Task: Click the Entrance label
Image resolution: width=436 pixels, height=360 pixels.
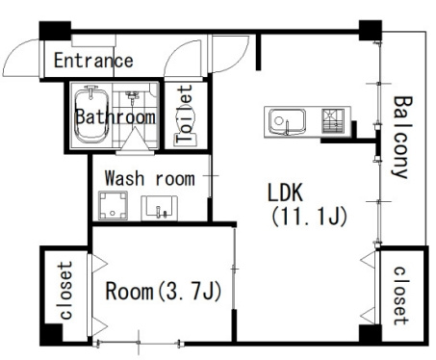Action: (x=93, y=61)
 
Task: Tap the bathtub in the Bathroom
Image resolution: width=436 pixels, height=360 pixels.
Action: (x=91, y=116)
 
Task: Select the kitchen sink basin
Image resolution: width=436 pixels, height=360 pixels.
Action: (x=287, y=121)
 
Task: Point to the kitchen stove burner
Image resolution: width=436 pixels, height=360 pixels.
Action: (x=333, y=121)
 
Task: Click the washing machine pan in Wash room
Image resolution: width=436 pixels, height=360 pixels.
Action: (x=113, y=206)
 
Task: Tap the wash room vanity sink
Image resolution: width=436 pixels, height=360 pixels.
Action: (x=159, y=208)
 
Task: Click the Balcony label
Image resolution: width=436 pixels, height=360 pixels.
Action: (x=401, y=137)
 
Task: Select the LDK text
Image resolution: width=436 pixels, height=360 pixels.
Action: (x=285, y=193)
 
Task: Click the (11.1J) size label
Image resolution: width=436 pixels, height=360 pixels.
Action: (x=309, y=217)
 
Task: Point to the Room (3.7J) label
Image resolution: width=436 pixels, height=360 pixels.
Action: (x=164, y=291)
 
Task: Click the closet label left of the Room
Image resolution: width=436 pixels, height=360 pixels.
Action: (x=65, y=291)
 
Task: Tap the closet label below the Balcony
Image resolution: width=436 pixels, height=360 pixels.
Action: (x=401, y=296)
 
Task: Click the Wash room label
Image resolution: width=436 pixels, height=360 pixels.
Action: (x=150, y=178)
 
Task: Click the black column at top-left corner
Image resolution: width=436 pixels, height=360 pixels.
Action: (x=55, y=31)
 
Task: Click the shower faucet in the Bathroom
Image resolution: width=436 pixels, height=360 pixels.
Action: (x=132, y=96)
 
